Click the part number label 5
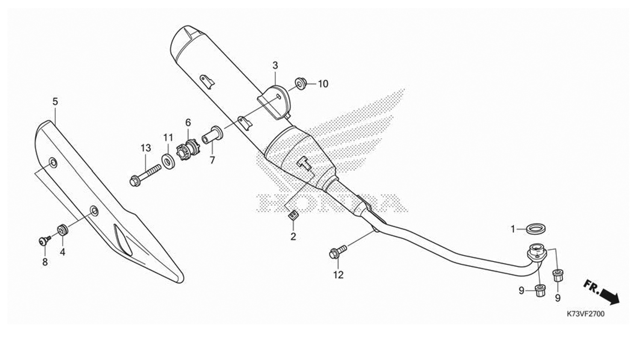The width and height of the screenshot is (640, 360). click(55, 101)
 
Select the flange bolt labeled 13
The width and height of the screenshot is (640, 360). click(144, 175)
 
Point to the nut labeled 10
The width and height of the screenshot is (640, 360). click(301, 83)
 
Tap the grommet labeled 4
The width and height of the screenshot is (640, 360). click(62, 230)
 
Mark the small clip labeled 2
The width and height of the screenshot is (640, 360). click(293, 216)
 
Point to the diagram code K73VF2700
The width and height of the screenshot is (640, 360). click(585, 314)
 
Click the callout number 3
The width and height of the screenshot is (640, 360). click(275, 65)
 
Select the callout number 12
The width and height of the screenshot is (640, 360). click(338, 275)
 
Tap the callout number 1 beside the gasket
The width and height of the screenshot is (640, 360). click(513, 229)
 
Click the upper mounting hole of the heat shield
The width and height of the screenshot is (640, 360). click(53, 163)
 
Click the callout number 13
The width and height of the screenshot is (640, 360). click(146, 148)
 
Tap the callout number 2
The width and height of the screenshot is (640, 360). click(293, 237)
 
